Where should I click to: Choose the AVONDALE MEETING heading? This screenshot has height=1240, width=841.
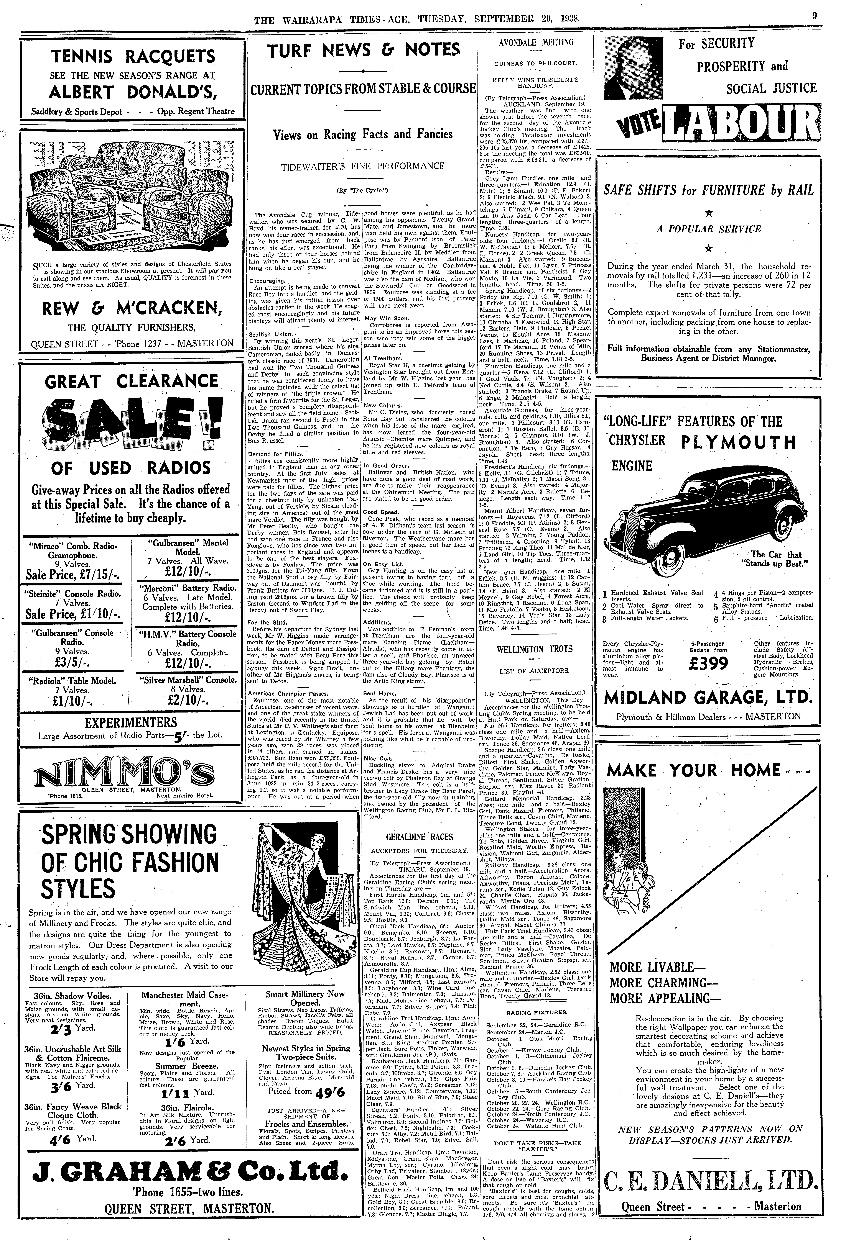[x=535, y=43]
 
